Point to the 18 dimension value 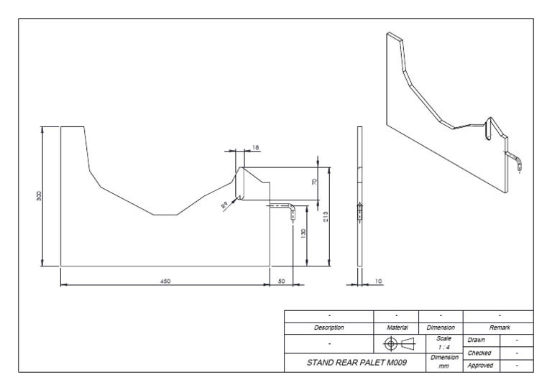coord(255,147)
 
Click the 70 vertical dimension coord(314,182)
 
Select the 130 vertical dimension coord(303,234)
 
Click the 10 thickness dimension coord(379,282)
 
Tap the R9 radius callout coord(225,205)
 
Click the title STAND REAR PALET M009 coord(351,363)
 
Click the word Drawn coord(477,339)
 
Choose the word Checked coord(479,353)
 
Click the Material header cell coord(396,327)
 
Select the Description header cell coord(329,327)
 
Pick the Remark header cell coord(499,327)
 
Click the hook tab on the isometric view coord(515,162)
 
